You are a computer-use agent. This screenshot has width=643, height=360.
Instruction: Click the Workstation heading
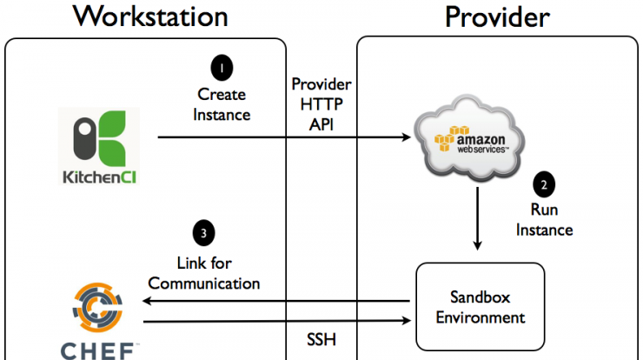pos(150,17)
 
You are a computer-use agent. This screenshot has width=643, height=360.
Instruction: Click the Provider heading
pos(497,17)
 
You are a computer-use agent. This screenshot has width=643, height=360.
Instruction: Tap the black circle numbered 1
pos(222,68)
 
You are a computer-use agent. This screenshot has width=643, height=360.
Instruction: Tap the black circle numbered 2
pos(544,184)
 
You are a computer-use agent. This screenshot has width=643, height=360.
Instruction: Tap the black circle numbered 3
pos(204,233)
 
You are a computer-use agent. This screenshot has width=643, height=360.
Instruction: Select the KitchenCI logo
pos(99,146)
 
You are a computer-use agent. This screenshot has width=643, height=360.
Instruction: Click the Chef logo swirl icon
pos(97,307)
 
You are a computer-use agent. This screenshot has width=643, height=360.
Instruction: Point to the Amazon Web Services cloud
pos(469,137)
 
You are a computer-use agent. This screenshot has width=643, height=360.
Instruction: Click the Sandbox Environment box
pos(481,307)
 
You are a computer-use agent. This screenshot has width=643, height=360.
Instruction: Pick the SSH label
pos(321,339)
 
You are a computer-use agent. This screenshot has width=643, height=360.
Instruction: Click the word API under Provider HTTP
pos(321,124)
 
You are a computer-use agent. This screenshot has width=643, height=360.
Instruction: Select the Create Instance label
pos(222,104)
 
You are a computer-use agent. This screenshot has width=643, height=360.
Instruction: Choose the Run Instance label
pos(544,220)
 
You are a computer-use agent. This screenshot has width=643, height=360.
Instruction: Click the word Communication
pos(204,283)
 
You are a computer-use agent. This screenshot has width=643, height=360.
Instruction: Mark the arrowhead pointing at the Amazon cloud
pos(406,137)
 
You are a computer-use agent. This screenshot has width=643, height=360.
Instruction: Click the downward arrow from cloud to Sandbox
pos(477,218)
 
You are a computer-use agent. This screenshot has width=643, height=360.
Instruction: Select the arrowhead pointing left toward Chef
pos(147,301)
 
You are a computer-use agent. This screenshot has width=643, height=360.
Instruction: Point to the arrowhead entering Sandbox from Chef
pos(406,321)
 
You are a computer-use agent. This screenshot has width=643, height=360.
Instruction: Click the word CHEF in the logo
pos(97,351)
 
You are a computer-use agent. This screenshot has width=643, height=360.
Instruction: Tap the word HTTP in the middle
pos(321,104)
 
